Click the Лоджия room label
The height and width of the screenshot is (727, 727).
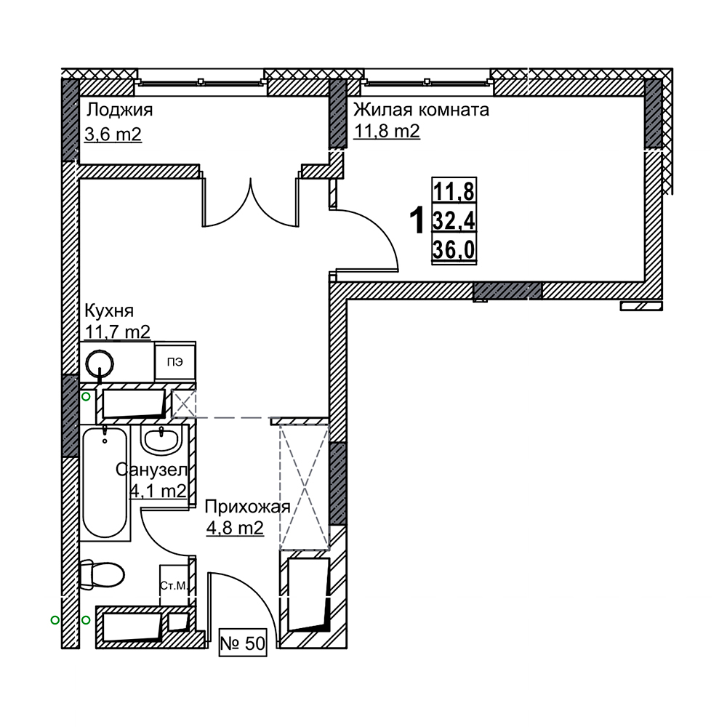click(120, 111)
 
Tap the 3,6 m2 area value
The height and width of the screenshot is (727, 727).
click(113, 134)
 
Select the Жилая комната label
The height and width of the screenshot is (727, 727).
click(422, 110)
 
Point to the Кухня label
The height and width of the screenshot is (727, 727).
click(110, 311)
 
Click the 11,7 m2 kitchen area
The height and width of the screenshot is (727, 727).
click(118, 332)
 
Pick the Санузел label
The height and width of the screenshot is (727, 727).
click(152, 470)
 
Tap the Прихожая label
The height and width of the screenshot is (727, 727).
click(248, 507)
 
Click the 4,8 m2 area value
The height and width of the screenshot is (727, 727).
click(235, 528)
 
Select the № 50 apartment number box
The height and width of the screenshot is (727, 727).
click(243, 643)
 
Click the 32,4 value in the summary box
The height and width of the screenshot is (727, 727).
click(454, 221)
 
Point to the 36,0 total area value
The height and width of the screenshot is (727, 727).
click(454, 250)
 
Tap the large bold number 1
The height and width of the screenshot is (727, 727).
click(417, 221)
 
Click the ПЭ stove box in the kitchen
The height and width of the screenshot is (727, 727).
click(174, 362)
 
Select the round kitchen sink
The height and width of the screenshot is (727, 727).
click(100, 362)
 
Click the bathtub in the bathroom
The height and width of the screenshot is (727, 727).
click(105, 483)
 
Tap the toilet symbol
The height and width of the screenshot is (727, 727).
click(102, 575)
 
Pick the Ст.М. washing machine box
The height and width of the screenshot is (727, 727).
click(174, 585)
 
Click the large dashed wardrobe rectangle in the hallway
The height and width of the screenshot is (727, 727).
click(304, 487)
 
